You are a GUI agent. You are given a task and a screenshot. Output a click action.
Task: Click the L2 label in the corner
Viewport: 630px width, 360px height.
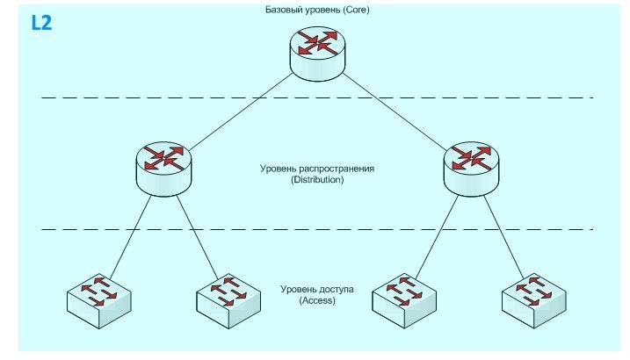coord(41,22)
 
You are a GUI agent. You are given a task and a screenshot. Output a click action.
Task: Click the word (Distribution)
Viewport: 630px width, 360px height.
coord(314,178)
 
